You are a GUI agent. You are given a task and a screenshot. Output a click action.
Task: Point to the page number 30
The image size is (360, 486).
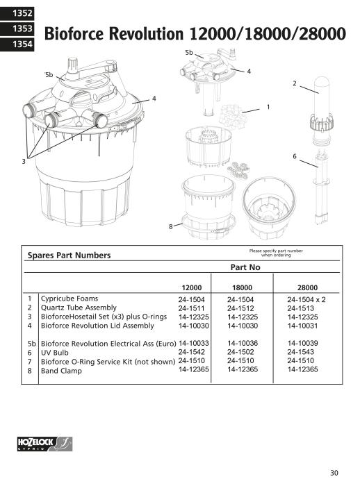click(334, 473)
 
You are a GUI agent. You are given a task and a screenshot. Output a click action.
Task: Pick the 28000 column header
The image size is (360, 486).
click(306, 287)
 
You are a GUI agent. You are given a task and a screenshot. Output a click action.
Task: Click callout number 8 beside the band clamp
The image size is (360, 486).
click(170, 227)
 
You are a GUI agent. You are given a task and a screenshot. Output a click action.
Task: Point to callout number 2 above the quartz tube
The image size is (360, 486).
click(295, 84)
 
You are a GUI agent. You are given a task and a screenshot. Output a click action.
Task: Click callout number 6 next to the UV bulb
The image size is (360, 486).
click(295, 156)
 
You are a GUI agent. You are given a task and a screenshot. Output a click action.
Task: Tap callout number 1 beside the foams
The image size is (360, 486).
click(268, 108)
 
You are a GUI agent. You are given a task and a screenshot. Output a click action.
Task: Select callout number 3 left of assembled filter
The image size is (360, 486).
click(24, 162)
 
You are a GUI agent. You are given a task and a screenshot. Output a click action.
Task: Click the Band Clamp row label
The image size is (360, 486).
click(61, 371)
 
